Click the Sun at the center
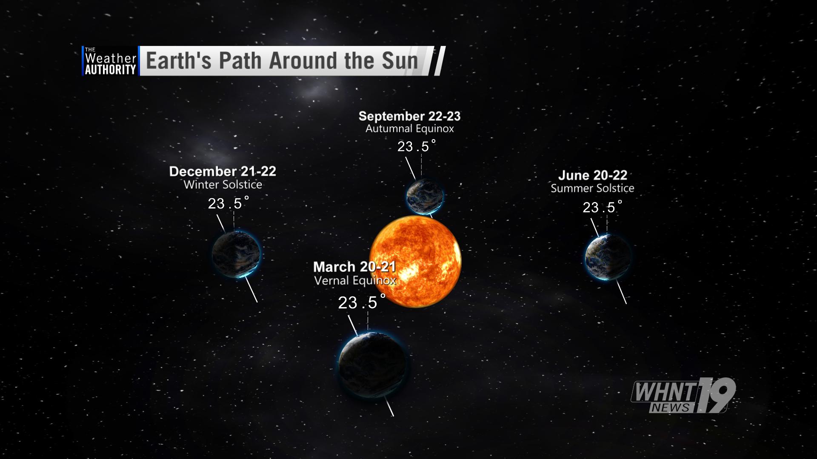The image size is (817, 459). pyautogui.click(x=415, y=261)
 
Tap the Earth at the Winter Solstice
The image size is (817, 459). pyautogui.click(x=236, y=254)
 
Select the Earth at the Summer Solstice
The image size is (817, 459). pyautogui.click(x=608, y=257)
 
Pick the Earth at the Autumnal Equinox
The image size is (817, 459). pyautogui.click(x=425, y=196)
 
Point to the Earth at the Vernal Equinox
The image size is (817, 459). pyautogui.click(x=372, y=365)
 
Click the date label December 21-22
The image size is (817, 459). pyautogui.click(x=223, y=171)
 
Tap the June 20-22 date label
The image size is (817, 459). pyautogui.click(x=593, y=175)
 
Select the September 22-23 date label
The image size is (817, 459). pyautogui.click(x=409, y=116)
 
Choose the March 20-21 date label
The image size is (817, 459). pyautogui.click(x=354, y=267)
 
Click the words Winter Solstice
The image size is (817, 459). pyautogui.click(x=223, y=185)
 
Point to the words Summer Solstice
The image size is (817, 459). pyautogui.click(x=592, y=188)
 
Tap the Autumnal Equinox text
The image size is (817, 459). pyautogui.click(x=410, y=128)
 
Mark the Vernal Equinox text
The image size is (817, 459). pyautogui.click(x=355, y=280)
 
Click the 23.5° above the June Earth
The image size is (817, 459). pyautogui.click(x=602, y=207)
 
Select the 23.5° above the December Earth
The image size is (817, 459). pyautogui.click(x=229, y=203)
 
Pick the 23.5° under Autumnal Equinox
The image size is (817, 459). pyautogui.click(x=417, y=146)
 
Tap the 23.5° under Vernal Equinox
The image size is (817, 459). pyautogui.click(x=362, y=302)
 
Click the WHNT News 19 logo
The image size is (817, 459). pyautogui.click(x=683, y=395)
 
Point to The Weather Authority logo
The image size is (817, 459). pyautogui.click(x=110, y=61)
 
